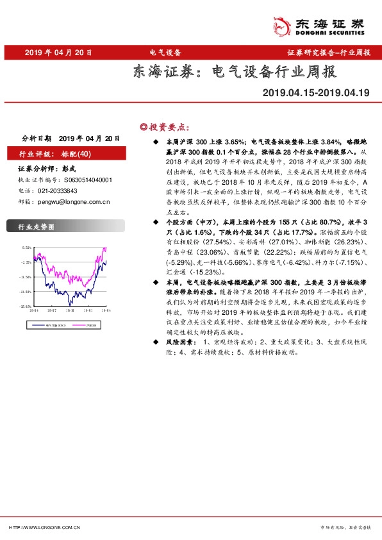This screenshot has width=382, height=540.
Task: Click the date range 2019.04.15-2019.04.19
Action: pos(316,93)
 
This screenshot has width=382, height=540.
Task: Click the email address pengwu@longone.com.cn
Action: pos(74,201)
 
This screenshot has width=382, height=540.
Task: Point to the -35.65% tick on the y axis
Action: pos(26,307)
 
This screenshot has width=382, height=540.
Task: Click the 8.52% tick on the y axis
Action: pos(26,248)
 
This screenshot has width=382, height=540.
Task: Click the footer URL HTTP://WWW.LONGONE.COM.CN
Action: pos(44,527)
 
